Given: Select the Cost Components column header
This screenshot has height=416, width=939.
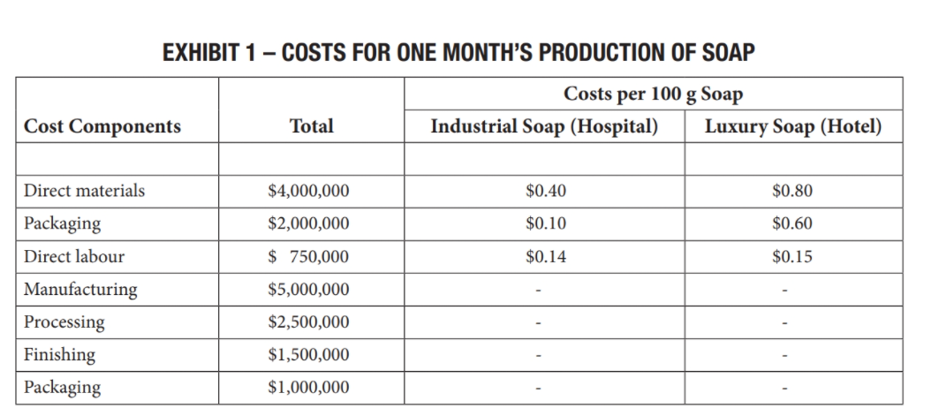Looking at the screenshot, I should pos(102,126).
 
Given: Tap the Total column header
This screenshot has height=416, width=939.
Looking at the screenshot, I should pos(311,126).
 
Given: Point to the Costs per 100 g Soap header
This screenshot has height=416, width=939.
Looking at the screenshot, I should pos(653,93).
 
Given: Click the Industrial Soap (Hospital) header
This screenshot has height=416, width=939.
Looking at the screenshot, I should pos(544,126).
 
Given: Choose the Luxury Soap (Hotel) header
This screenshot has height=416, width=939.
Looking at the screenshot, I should pos(792,126).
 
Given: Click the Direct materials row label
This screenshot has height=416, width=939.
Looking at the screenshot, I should pos(85,191).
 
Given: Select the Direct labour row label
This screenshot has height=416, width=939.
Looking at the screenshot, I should pos(74,257).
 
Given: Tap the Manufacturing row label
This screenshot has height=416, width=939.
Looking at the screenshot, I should pos(80,290).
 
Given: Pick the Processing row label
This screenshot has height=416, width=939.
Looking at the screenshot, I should pos(64,322).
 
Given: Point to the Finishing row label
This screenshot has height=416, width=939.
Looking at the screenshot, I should pos(60,355).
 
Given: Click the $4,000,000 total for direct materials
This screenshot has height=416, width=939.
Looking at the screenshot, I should pos(308,191).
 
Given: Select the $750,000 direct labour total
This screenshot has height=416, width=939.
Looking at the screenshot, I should pos(308,257).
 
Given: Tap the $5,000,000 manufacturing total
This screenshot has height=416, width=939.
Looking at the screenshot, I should pos(308,290).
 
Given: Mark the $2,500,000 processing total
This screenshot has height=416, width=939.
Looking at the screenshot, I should pos(308,322).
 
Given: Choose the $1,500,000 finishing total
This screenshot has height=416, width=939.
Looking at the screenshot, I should pos(308,355).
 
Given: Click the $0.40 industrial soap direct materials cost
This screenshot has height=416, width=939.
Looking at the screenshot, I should pos(545,191).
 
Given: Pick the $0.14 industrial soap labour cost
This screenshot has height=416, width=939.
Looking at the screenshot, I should pos(545,257).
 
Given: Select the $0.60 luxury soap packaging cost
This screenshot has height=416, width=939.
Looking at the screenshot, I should pos(791,223).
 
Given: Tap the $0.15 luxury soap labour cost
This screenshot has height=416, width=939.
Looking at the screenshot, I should pos(791,257).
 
